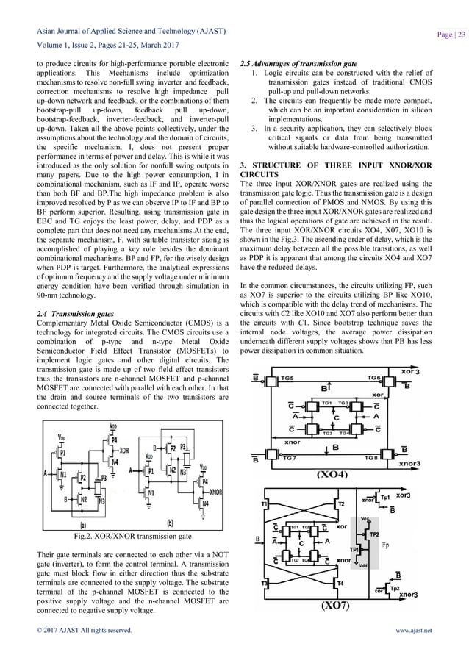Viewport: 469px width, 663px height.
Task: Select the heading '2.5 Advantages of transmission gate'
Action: coord(294,64)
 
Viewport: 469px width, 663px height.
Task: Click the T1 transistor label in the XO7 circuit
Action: coord(264,503)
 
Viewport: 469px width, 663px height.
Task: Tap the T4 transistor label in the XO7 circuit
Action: coord(340,583)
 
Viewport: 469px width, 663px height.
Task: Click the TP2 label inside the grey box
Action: coord(374,534)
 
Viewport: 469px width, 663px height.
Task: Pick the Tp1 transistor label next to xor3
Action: coord(386,498)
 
